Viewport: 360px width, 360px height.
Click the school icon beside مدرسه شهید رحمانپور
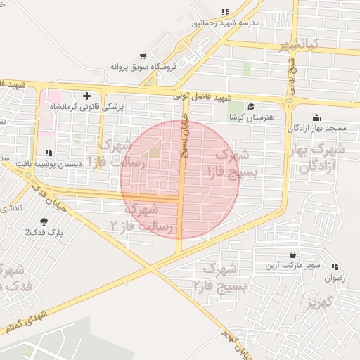click(x=225, y=12)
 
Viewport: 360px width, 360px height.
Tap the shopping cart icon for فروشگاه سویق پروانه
click(x=143, y=56)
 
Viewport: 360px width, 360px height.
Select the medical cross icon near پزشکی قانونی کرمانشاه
click(x=86, y=96)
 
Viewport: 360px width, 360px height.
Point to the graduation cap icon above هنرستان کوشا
click(x=251, y=106)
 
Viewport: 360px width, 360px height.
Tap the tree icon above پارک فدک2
click(x=44, y=221)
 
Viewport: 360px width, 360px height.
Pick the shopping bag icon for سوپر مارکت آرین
click(x=292, y=255)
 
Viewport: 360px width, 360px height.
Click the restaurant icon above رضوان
click(x=335, y=266)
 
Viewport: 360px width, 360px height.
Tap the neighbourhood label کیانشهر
click(x=299, y=45)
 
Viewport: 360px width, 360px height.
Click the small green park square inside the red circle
click(x=155, y=151)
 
